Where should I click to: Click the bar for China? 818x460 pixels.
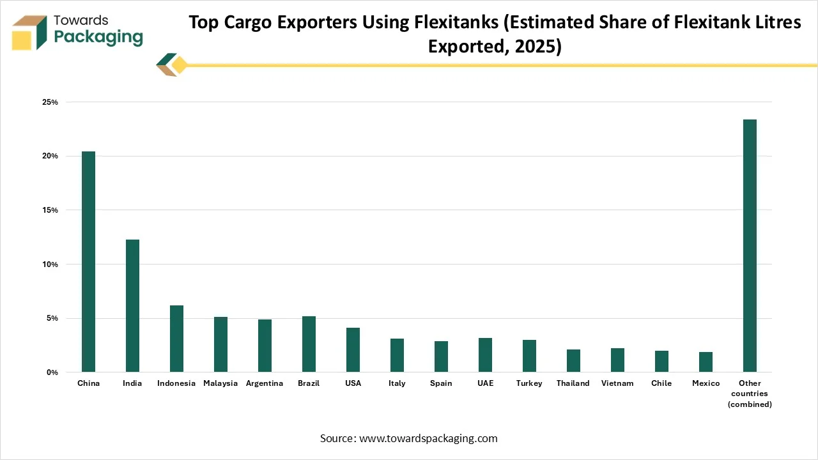pyautogui.click(x=88, y=262)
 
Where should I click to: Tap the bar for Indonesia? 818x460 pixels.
pyautogui.click(x=176, y=339)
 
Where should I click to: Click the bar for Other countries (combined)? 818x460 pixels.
pyautogui.click(x=750, y=246)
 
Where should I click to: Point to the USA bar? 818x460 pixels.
pyautogui.click(x=353, y=349)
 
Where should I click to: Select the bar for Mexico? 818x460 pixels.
pyautogui.click(x=706, y=362)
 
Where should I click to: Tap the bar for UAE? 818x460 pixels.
pyautogui.click(x=485, y=355)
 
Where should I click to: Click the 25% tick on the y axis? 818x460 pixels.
pyautogui.click(x=50, y=102)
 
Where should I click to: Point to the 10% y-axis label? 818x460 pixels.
pyautogui.click(x=50, y=264)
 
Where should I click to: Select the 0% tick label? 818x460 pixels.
pyautogui.click(x=52, y=372)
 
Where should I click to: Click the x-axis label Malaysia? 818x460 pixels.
pyautogui.click(x=220, y=383)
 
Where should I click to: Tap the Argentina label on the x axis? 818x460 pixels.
pyautogui.click(x=265, y=383)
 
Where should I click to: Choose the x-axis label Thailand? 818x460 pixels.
pyautogui.click(x=573, y=383)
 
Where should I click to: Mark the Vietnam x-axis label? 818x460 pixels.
pyautogui.click(x=617, y=383)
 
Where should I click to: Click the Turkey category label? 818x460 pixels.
pyautogui.click(x=529, y=383)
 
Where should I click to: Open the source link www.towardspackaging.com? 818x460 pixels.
pyautogui.click(x=428, y=438)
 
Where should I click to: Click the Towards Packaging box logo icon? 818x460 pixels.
pyautogui.click(x=29, y=33)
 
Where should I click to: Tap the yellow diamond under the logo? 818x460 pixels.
pyautogui.click(x=180, y=65)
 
